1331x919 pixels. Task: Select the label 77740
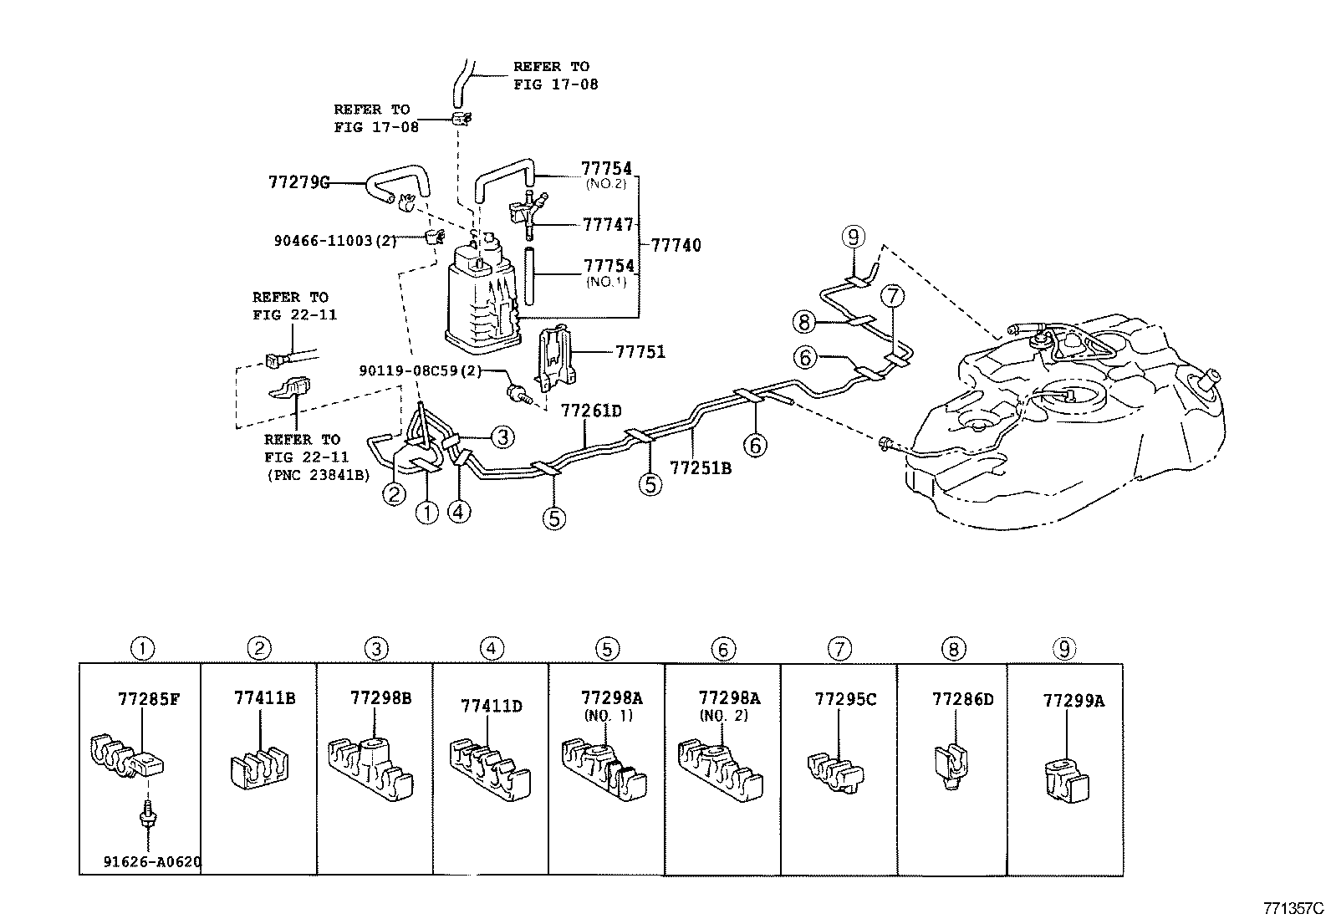[x=676, y=246]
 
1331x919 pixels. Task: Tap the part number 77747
[x=607, y=224]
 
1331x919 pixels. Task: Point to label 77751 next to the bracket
[x=640, y=352]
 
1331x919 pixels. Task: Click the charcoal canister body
[x=478, y=297]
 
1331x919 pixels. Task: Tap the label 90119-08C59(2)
[x=421, y=370]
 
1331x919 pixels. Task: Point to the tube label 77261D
[x=591, y=411]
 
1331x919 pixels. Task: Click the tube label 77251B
[x=701, y=468]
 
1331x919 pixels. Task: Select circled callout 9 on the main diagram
[x=852, y=238]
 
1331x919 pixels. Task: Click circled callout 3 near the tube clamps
[x=502, y=436]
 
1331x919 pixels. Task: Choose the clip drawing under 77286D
[x=951, y=763]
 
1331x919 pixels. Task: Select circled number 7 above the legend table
[x=839, y=648]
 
